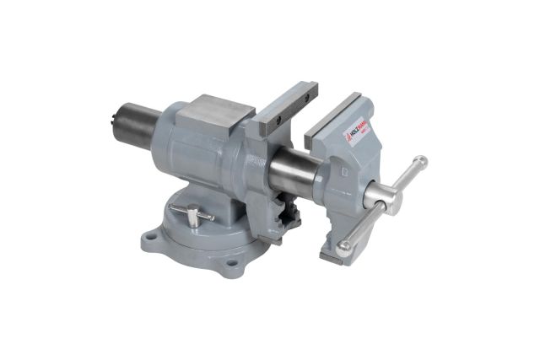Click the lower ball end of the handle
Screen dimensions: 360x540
coord(343,249)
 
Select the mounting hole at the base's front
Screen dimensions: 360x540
coord(230,269)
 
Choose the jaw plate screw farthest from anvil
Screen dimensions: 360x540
coord(307,93)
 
